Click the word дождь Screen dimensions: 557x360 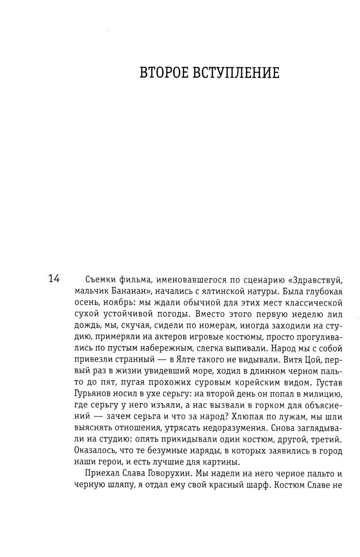87,326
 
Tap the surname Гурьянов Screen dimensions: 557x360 97,394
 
